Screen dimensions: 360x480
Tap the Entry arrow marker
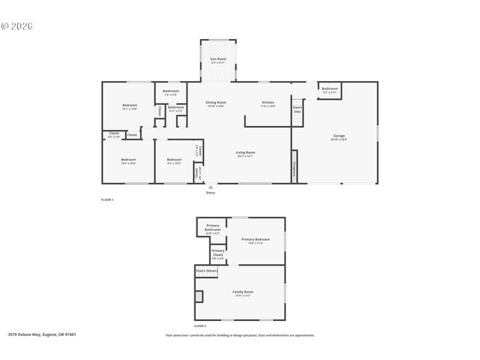pyautogui.click(x=210, y=187)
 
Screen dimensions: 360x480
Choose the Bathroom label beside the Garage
pyautogui.click(x=330, y=89)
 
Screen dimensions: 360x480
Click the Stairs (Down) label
pyautogui.click(x=206, y=270)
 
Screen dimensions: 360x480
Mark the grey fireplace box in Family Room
pyautogui.click(x=199, y=296)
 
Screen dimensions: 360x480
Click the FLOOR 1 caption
pyautogui.click(x=108, y=199)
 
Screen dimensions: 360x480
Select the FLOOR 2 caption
pyautogui.click(x=200, y=326)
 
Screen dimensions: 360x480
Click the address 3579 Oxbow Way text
pyautogui.click(x=42, y=334)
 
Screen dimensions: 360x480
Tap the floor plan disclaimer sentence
pyautogui.click(x=240, y=335)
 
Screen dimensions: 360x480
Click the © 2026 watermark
pyautogui.click(x=17, y=25)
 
